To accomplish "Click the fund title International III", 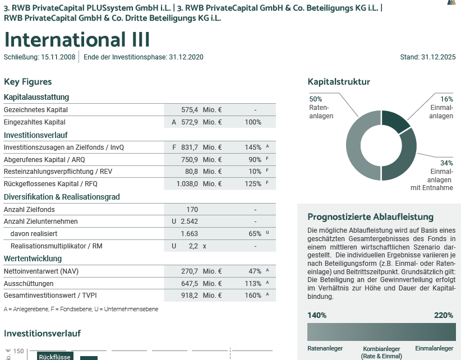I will (x=77, y=40).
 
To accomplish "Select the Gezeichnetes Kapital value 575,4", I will (x=190, y=110).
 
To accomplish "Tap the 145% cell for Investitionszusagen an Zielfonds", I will (x=253, y=147).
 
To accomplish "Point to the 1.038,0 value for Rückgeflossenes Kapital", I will (x=187, y=183).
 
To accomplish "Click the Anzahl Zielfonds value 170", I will (x=192, y=210).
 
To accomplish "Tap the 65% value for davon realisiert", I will (x=255, y=234).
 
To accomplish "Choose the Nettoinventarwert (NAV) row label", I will (x=41, y=271).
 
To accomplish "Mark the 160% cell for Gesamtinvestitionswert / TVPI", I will (x=253, y=295).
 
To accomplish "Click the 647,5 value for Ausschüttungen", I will (x=190, y=283).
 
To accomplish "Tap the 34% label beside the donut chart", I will (x=446, y=163).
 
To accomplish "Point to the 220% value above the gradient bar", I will (x=444, y=315).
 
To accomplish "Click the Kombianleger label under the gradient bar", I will (x=382, y=349).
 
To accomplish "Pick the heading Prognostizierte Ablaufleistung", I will (x=371, y=217).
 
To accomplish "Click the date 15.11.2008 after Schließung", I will (x=58, y=57).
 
